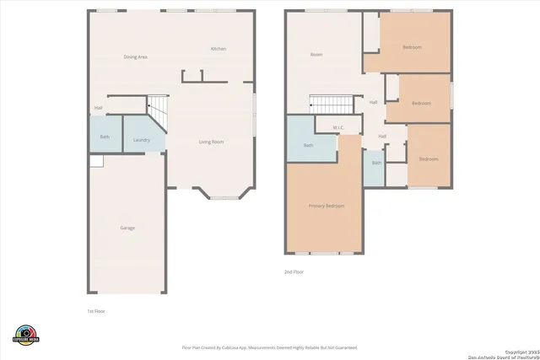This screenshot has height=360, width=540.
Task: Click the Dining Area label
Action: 136,56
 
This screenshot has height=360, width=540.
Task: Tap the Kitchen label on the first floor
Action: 218,49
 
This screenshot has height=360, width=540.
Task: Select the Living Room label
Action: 211,142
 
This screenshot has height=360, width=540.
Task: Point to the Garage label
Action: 127,228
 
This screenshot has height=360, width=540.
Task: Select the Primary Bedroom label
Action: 326,206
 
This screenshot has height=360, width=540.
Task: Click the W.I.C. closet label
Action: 338,128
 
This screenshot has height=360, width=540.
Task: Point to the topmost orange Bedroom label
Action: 413,47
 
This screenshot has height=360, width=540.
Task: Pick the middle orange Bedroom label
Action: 421,103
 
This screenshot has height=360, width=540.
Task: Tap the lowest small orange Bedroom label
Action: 429,159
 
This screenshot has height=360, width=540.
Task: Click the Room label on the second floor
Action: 316,55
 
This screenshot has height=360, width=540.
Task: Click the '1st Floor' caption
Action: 96,311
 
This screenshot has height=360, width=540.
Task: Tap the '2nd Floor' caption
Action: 294,271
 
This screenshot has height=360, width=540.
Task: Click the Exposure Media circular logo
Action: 27,335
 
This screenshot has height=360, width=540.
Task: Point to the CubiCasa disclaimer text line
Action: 269,347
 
